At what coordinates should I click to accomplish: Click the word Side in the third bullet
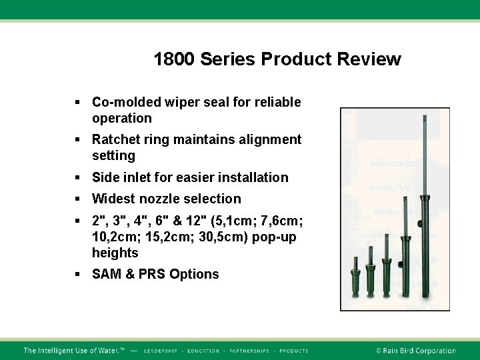coord(105,177)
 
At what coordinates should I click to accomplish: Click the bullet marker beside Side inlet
coord(77,177)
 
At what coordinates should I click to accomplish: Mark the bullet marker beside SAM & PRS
coord(77,274)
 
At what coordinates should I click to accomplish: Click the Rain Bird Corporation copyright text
coord(415,351)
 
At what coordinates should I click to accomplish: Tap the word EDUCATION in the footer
coord(203,351)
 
